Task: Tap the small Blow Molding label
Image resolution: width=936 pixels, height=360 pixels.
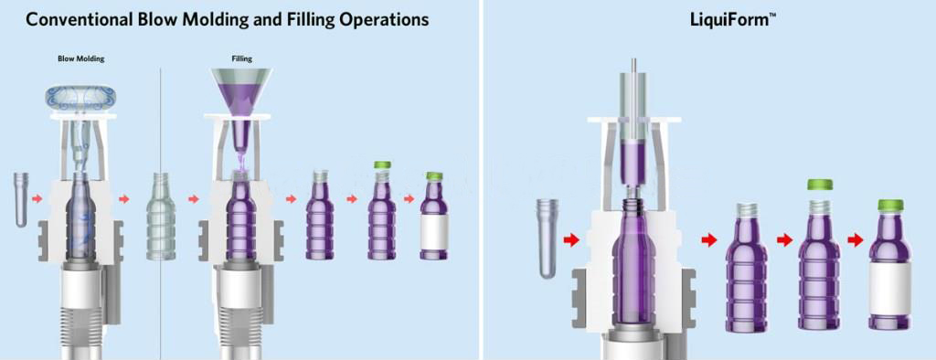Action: pyautogui.click(x=80, y=59)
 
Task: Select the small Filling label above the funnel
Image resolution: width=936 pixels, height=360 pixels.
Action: pyautogui.click(x=241, y=59)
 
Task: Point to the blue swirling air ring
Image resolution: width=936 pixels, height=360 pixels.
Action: pyautogui.click(x=80, y=99)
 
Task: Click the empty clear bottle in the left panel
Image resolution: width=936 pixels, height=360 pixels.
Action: pyautogui.click(x=161, y=217)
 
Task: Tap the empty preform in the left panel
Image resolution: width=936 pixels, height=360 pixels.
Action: pyautogui.click(x=22, y=199)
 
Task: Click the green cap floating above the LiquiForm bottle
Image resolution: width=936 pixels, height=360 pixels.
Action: pyautogui.click(x=819, y=185)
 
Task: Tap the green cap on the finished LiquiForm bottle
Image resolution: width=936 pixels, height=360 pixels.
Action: pyautogui.click(x=890, y=206)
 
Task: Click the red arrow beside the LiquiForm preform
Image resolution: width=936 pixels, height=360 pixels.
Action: pyautogui.click(x=571, y=240)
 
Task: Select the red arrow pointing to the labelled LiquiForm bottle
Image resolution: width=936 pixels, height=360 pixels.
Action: pyautogui.click(x=856, y=240)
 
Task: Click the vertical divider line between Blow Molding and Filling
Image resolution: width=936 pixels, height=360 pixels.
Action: pyautogui.click(x=161, y=209)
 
